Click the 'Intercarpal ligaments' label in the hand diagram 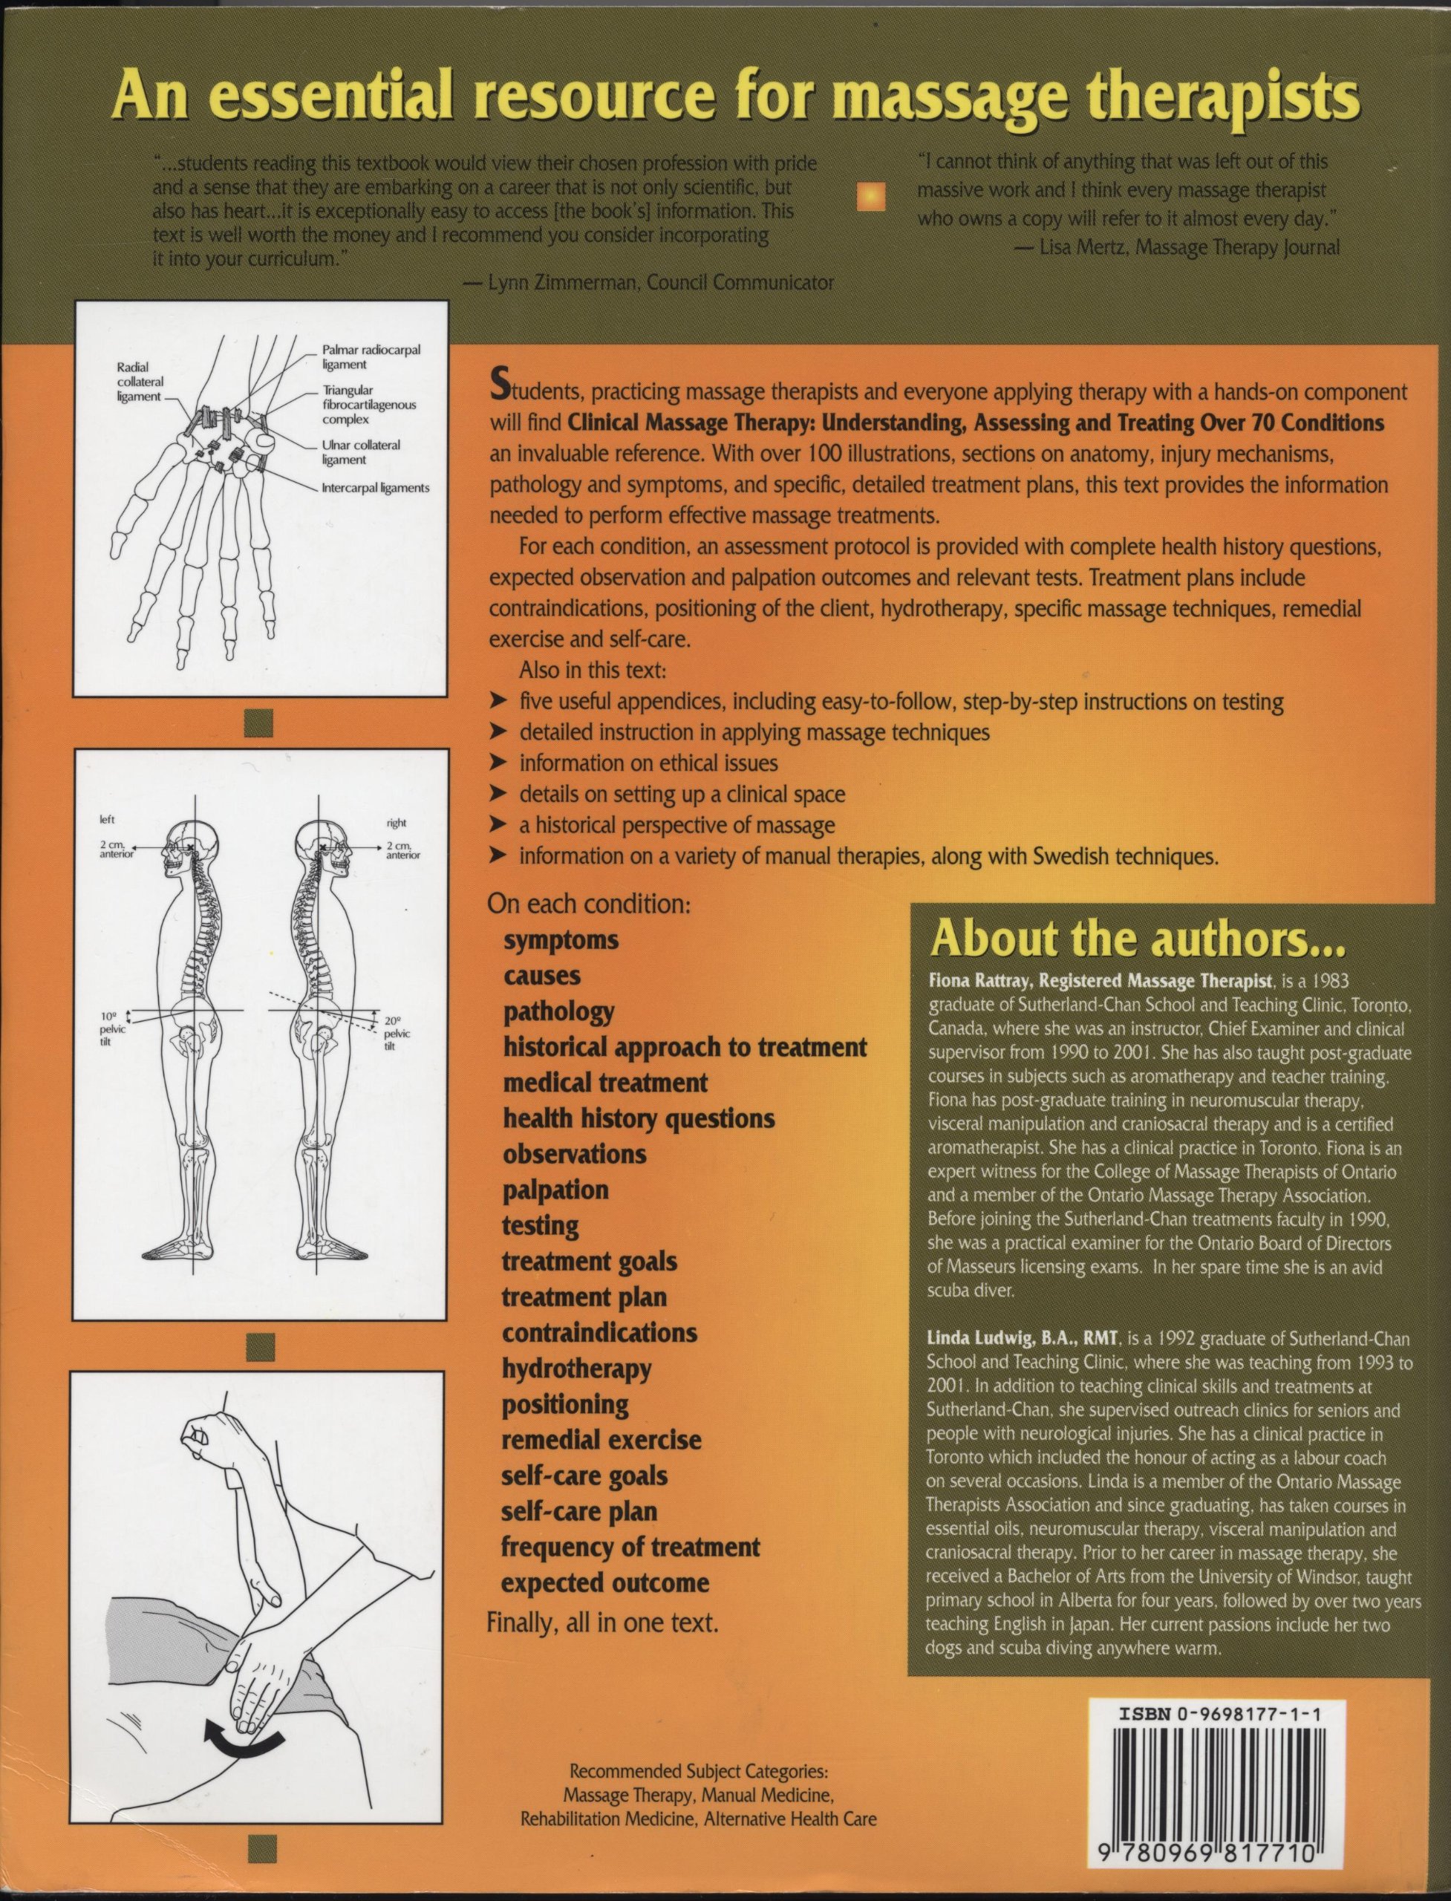[x=375, y=488]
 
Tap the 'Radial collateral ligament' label [x=139, y=382]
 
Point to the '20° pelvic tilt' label [x=397, y=1033]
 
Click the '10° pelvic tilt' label [x=112, y=1029]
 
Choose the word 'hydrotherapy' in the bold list [x=576, y=1369]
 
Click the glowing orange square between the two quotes [x=870, y=197]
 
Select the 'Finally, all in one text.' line [x=602, y=1622]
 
